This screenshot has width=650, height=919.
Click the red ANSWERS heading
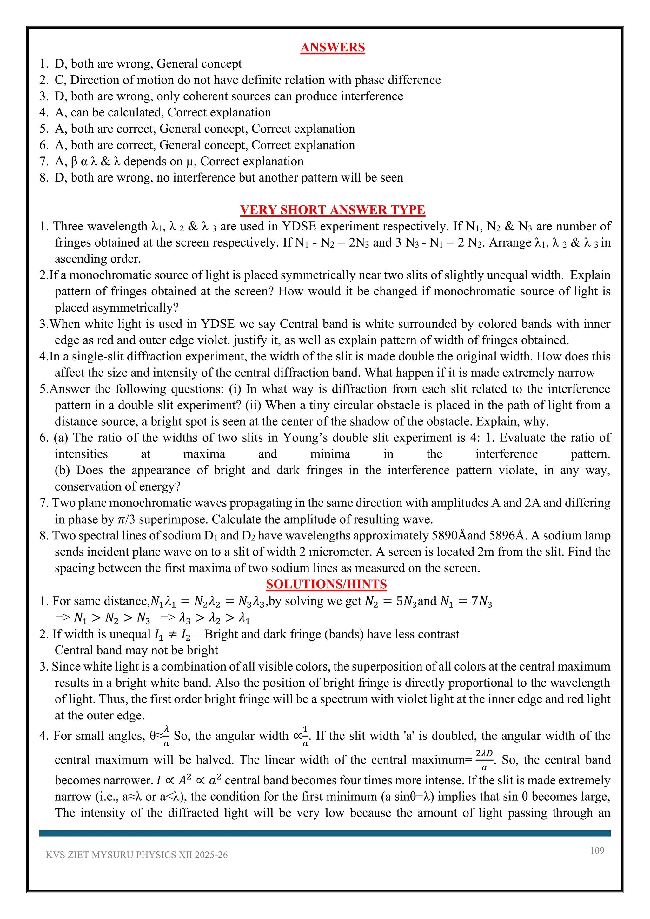333,47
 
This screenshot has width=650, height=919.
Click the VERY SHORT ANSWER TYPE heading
333,210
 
